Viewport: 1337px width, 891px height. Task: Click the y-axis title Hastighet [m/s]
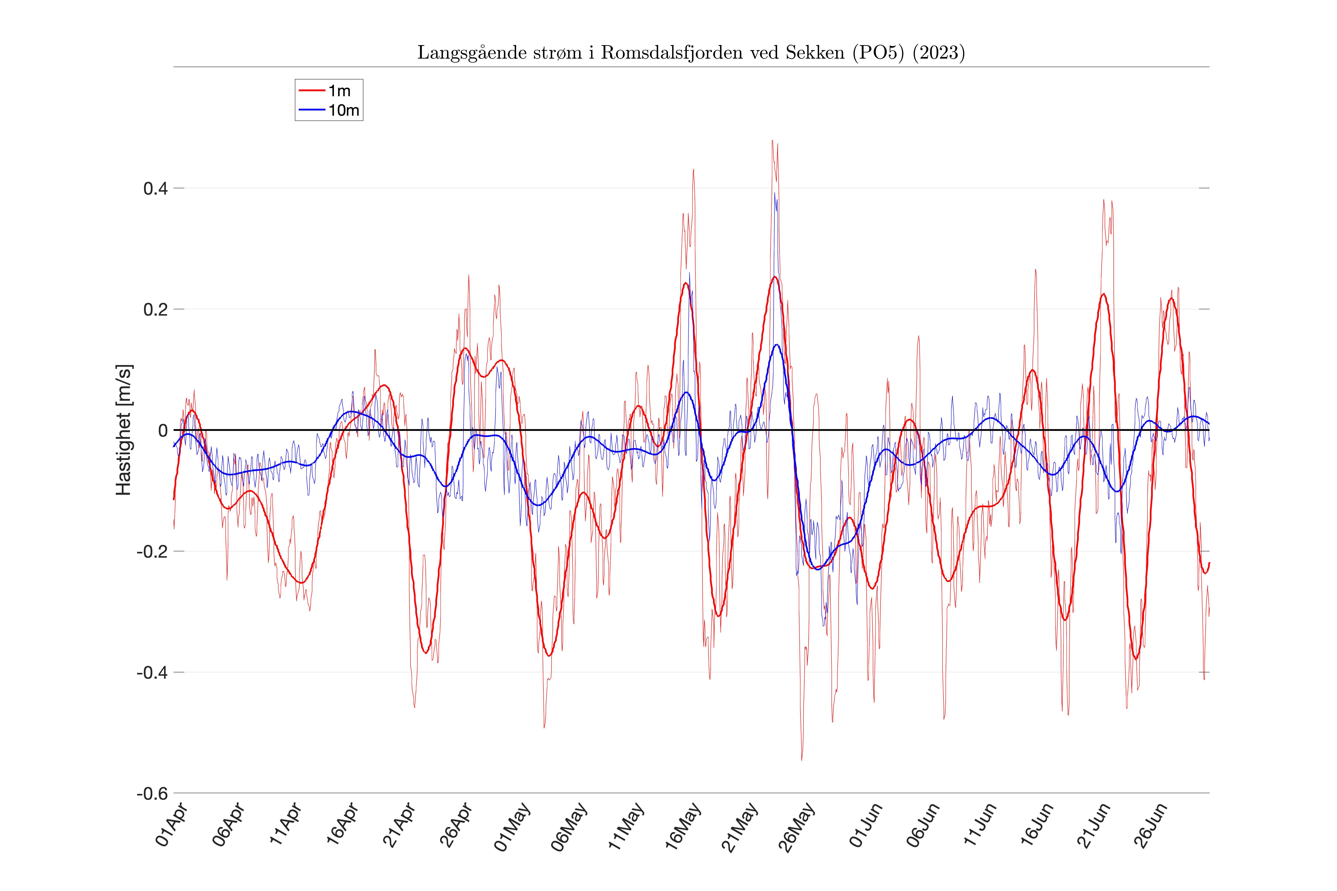(123, 430)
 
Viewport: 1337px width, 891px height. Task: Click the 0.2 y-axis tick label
(155, 310)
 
